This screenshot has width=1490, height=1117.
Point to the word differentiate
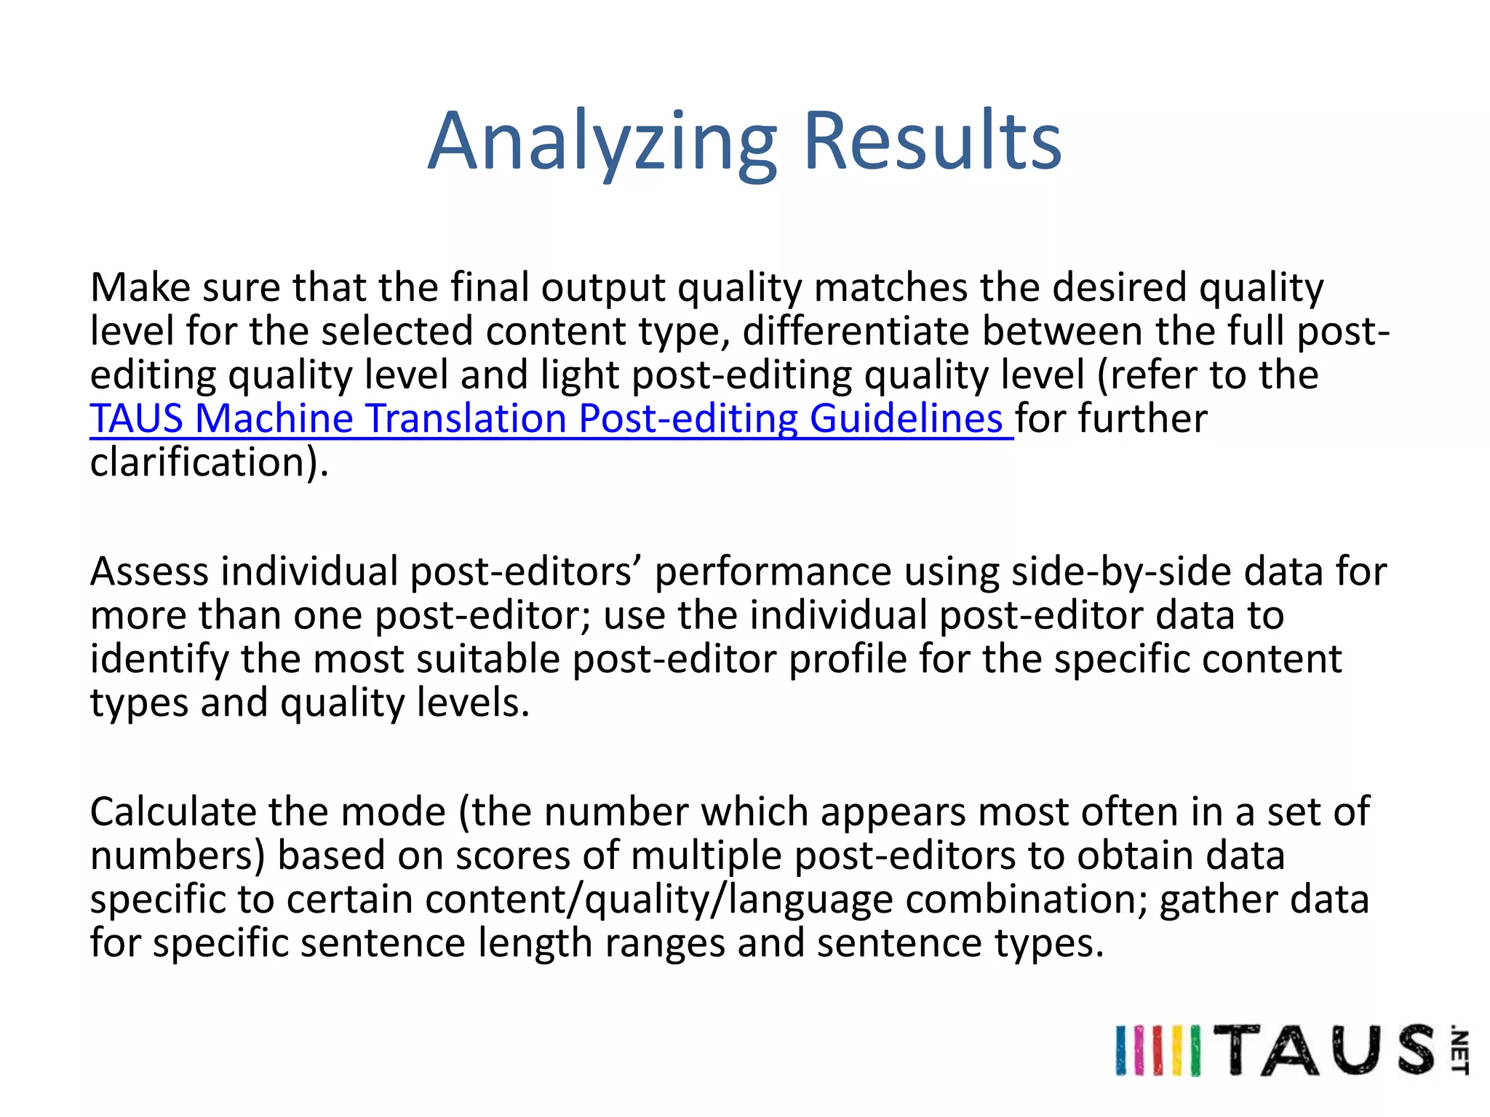point(856,332)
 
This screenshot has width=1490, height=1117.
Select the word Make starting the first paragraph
point(140,287)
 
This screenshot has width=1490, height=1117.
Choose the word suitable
point(488,659)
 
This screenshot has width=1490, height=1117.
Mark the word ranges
point(664,944)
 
